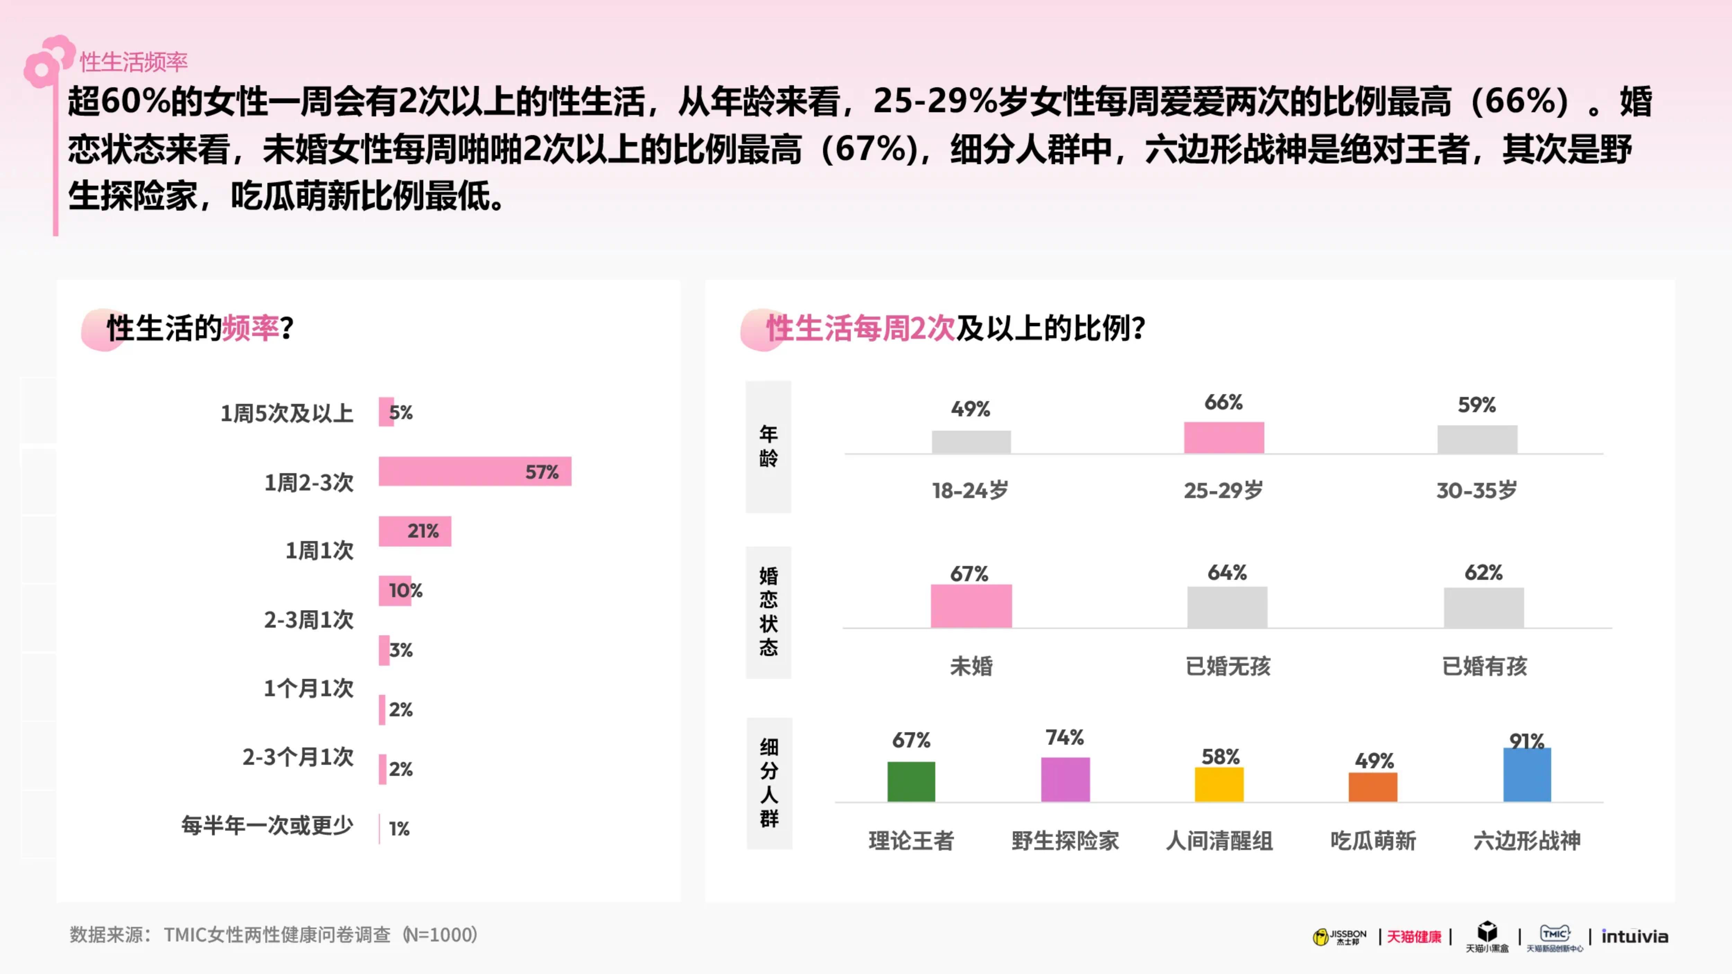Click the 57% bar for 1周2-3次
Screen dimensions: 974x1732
coord(475,471)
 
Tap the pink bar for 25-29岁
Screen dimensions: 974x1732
coord(1224,437)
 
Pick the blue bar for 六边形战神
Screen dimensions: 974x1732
coord(1527,775)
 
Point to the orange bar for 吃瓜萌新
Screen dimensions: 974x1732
coord(1373,787)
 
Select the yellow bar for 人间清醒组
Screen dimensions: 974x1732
coord(1219,785)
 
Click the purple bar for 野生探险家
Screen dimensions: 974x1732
coord(1065,780)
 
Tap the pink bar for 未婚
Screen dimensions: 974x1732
coord(971,606)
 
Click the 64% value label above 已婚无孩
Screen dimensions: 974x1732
coord(1227,573)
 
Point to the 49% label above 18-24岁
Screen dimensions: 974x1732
coord(970,409)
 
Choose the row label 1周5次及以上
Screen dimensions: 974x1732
coord(287,413)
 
